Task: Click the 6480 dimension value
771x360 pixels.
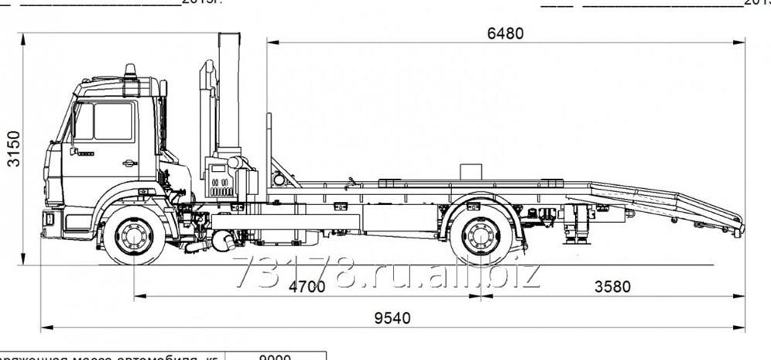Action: tap(505, 33)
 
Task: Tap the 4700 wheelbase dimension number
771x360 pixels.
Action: tap(307, 286)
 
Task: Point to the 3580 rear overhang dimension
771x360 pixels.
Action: tap(612, 286)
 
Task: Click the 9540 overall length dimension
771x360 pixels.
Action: tap(393, 317)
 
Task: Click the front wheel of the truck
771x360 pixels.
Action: tap(134, 235)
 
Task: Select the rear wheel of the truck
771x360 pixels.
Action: tap(480, 235)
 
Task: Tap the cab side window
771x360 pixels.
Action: tap(112, 122)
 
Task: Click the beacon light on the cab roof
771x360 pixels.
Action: tap(130, 70)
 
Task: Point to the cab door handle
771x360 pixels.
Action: tap(129, 163)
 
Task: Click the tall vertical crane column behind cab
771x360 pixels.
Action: tap(229, 93)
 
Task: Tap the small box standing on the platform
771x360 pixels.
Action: tap(471, 172)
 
